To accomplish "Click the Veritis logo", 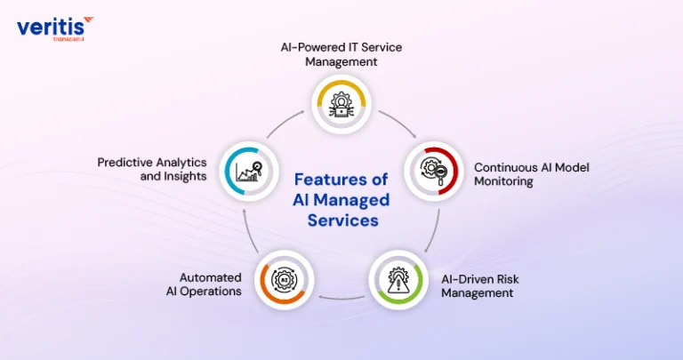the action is tap(55, 28).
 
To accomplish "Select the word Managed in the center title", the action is tap(351, 200).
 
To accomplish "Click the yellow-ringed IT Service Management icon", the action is tap(341, 105).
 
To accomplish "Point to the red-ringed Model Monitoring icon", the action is tap(434, 171).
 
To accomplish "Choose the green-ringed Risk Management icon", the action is tap(398, 279).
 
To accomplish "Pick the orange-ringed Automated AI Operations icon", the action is tap(284, 279).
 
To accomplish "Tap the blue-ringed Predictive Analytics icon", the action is tap(249, 171).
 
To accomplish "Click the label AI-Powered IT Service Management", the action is tap(341, 54).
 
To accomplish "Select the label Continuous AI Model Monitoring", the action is tap(532, 174).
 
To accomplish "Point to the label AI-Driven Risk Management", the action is tap(480, 285).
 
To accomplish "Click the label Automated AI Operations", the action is tap(204, 284).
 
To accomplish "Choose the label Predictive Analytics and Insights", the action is tap(151, 169).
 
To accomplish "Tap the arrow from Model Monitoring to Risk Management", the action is tap(434, 231).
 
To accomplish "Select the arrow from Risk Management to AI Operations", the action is tap(341, 299).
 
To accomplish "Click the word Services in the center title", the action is tap(342, 220).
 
